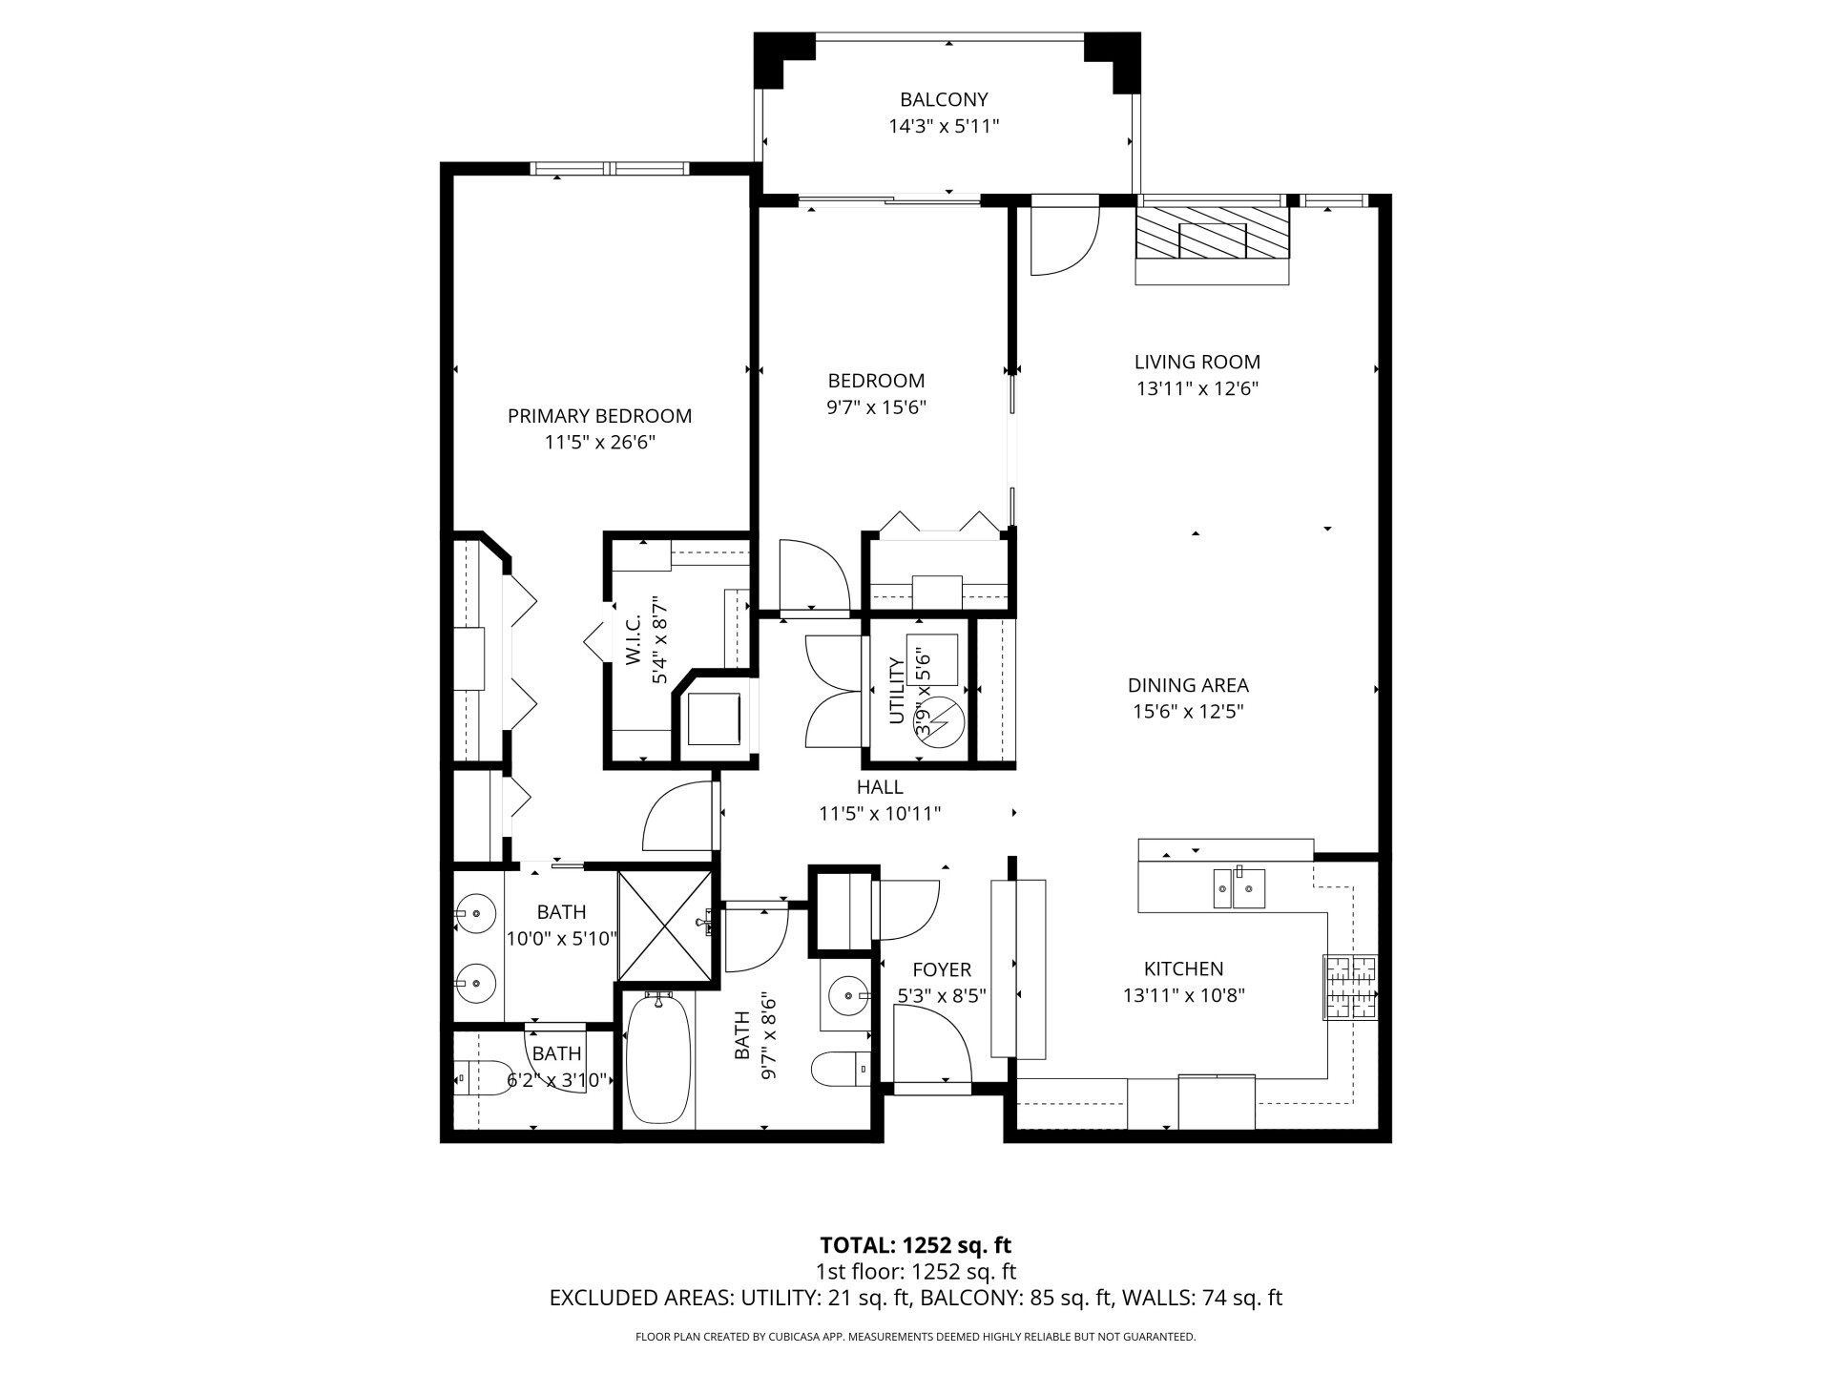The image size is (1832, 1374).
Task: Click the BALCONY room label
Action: pyautogui.click(x=944, y=99)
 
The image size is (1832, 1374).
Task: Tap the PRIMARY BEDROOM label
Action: pyautogui.click(x=599, y=416)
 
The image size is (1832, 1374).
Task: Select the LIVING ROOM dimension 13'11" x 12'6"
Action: pyautogui.click(x=1197, y=388)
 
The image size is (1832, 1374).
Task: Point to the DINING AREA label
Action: pyautogui.click(x=1188, y=685)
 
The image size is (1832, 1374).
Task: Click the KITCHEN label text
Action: pyautogui.click(x=1183, y=969)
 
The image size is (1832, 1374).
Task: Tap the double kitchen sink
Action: pyautogui.click(x=1239, y=888)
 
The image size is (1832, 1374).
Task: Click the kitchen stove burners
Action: pyautogui.click(x=1351, y=987)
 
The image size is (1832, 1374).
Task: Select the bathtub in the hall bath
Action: pyautogui.click(x=657, y=1059)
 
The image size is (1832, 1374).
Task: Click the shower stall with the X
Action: pyautogui.click(x=665, y=925)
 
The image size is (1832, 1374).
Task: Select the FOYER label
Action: pyautogui.click(x=942, y=970)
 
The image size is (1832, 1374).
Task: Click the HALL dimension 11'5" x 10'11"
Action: pyautogui.click(x=880, y=814)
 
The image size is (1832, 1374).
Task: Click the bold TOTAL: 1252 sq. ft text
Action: pyautogui.click(x=916, y=1245)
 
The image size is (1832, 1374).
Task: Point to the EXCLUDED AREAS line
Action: pyautogui.click(x=916, y=1298)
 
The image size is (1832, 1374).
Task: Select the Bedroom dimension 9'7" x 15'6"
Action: pyautogui.click(x=877, y=407)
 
